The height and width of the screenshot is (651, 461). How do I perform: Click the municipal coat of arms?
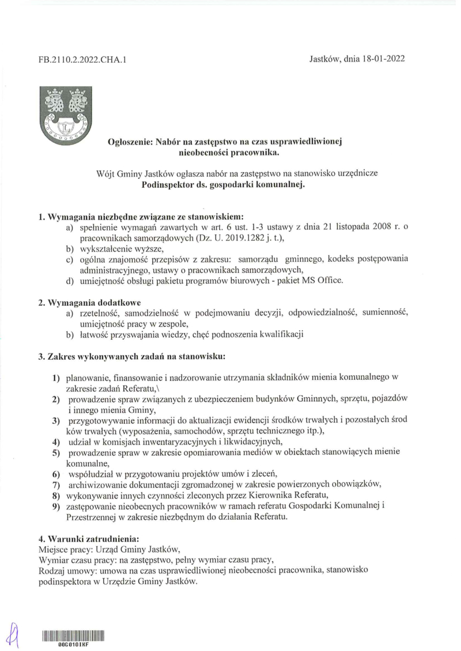pyautogui.click(x=66, y=114)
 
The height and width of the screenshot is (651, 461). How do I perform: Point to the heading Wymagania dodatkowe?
pyautogui.click(x=94, y=302)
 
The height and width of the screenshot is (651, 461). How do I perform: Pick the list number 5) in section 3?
pyautogui.click(x=56, y=453)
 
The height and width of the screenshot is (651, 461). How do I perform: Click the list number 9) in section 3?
pyautogui.click(x=56, y=506)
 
